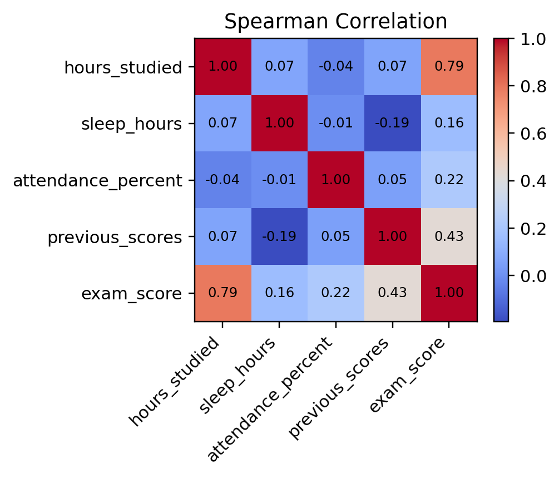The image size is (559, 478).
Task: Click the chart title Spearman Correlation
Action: tap(335, 21)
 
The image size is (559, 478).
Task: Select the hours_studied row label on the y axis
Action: tap(123, 68)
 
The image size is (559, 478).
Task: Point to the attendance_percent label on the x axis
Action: tap(273, 401)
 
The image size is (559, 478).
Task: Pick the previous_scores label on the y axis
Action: tap(115, 238)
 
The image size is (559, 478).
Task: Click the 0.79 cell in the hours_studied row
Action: tap(448, 67)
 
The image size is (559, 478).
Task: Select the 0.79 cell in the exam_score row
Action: tap(222, 293)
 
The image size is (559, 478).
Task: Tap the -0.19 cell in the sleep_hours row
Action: tap(392, 123)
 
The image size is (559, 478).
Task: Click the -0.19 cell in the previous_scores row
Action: tap(279, 236)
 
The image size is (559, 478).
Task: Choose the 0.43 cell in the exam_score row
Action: tap(392, 293)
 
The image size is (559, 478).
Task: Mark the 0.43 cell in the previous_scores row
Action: tap(448, 236)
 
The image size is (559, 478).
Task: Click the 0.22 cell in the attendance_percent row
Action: tap(448, 180)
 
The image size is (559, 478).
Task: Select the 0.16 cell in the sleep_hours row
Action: tap(448, 123)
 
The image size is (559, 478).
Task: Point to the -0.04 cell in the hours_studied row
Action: tap(335, 67)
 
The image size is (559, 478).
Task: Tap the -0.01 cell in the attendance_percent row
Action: tap(279, 180)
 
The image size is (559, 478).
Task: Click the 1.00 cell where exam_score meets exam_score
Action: tap(448, 293)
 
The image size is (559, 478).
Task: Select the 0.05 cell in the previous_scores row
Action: tap(335, 236)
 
